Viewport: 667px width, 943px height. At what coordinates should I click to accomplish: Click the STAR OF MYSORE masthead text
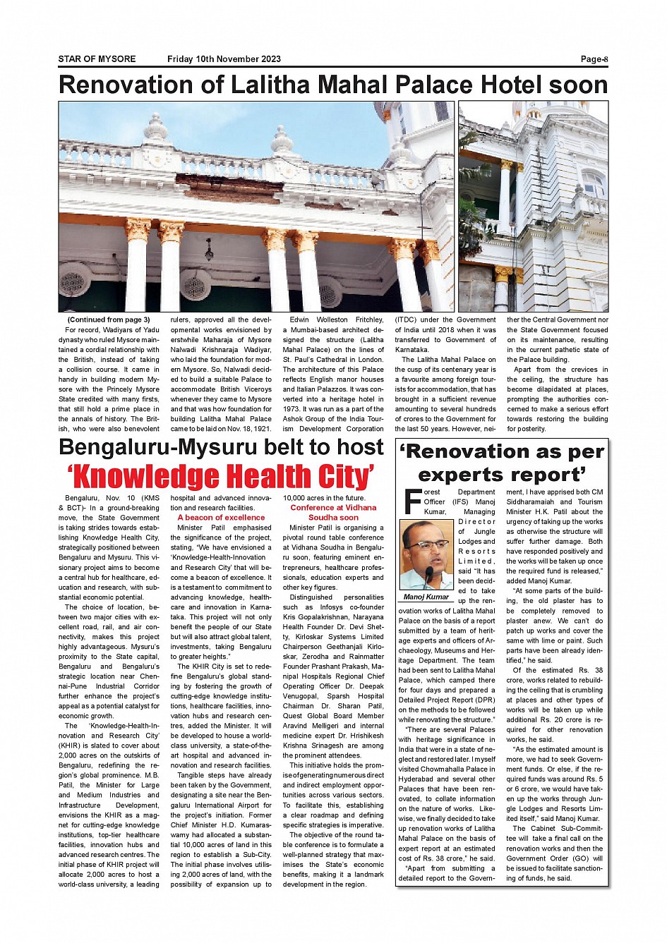(97, 59)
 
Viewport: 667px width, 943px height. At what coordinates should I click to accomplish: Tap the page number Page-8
(594, 59)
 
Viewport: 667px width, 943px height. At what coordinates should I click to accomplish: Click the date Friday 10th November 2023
(224, 59)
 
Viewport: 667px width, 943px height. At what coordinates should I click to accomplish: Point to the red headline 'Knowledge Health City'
(221, 477)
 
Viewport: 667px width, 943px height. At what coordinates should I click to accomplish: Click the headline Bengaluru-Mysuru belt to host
(221, 448)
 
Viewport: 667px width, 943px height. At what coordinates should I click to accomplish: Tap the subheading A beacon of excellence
(221, 518)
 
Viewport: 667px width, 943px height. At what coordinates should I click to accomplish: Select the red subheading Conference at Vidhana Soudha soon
(333, 513)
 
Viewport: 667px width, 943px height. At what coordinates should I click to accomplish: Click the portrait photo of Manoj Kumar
(426, 555)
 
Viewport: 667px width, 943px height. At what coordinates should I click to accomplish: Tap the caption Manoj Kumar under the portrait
(426, 597)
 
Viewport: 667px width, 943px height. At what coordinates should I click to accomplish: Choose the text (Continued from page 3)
(109, 320)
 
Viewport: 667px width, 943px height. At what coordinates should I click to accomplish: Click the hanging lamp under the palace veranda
(209, 251)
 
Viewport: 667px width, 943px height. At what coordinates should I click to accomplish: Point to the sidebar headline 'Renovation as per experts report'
(502, 463)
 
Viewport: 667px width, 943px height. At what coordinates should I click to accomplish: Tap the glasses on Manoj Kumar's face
(423, 545)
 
